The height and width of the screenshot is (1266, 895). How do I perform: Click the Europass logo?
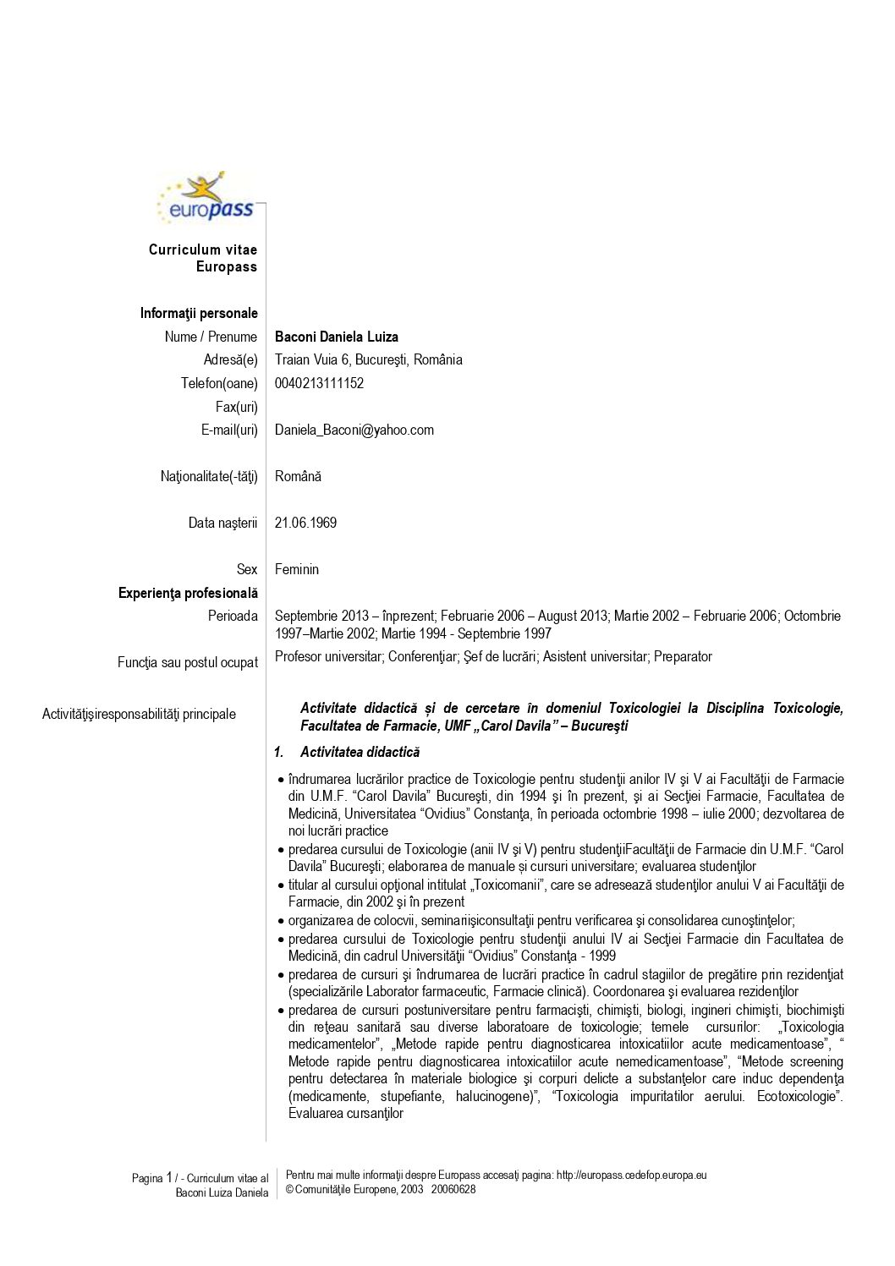tap(206, 199)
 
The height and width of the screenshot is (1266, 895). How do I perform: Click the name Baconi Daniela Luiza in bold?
tap(336, 337)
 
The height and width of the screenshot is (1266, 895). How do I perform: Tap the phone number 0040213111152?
tap(319, 383)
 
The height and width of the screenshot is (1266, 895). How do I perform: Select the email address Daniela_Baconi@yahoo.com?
tap(354, 430)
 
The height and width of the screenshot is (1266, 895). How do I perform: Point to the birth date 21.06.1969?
tap(305, 523)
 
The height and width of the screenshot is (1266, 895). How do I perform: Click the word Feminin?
tap(296, 569)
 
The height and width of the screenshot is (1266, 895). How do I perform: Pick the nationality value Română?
tap(298, 476)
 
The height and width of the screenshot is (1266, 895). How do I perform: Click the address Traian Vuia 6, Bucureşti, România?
tap(368, 359)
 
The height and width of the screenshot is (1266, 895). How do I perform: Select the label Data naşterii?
tap(222, 523)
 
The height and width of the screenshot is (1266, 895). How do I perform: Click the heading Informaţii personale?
tap(199, 313)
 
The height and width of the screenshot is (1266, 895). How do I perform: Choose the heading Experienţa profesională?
tap(188, 593)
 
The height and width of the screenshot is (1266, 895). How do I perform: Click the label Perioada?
tap(233, 616)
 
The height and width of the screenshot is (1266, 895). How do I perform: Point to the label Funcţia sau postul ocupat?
tap(188, 662)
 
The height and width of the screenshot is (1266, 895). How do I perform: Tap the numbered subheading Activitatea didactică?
tap(360, 752)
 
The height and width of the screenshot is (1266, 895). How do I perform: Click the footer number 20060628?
tap(453, 1189)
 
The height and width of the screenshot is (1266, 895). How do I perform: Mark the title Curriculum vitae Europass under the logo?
tap(203, 258)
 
